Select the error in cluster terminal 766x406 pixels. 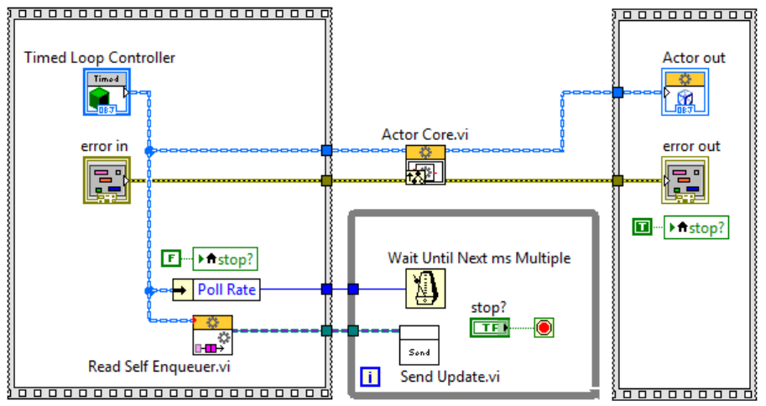pyautogui.click(x=104, y=180)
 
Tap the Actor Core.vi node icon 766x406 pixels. pyautogui.click(x=425, y=165)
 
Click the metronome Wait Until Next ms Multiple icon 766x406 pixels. pyautogui.click(x=425, y=289)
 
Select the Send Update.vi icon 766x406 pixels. pyautogui.click(x=419, y=345)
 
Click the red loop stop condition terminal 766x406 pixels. pyautogui.click(x=544, y=327)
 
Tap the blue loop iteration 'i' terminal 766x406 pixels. pyautogui.click(x=371, y=377)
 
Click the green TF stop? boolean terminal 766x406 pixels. pyautogui.click(x=490, y=327)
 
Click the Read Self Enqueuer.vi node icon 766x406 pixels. pyautogui.click(x=212, y=336)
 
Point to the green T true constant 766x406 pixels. pyautogui.click(x=642, y=226)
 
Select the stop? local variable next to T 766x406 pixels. pyautogui.click(x=696, y=227)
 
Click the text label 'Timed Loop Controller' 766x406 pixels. pyautogui.click(x=100, y=58)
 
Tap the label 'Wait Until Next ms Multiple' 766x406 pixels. pyautogui.click(x=479, y=258)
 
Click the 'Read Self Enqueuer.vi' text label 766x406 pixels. pyautogui.click(x=159, y=367)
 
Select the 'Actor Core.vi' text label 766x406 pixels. pyautogui.click(x=425, y=134)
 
